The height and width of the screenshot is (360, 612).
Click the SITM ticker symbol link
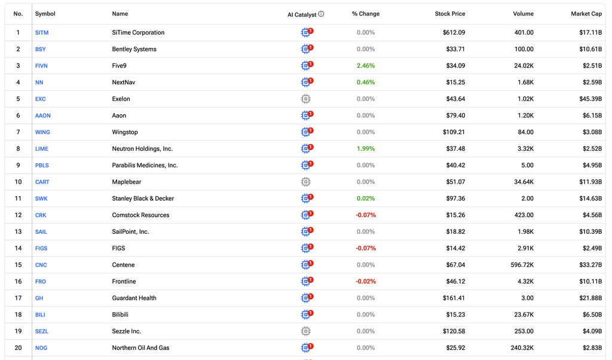click(x=42, y=33)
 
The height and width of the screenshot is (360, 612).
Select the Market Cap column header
click(x=586, y=14)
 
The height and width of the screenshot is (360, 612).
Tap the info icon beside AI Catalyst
click(x=321, y=14)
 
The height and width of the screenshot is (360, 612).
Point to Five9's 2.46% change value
click(x=366, y=66)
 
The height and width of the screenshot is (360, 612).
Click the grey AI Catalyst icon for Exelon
click(x=305, y=99)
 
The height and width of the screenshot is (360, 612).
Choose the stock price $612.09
click(x=454, y=33)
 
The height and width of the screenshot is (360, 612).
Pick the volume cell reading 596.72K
click(x=522, y=265)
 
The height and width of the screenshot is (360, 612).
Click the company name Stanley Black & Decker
click(x=143, y=199)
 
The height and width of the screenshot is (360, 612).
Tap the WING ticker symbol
click(x=42, y=132)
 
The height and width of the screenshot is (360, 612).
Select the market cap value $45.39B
click(x=590, y=99)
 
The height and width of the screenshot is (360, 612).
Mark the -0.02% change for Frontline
click(x=366, y=282)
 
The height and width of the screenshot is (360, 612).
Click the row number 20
click(x=18, y=348)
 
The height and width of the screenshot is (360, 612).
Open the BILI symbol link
click(x=40, y=315)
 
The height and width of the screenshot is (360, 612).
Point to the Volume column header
click(x=523, y=14)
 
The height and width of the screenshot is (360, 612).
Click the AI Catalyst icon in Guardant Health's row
click(x=307, y=298)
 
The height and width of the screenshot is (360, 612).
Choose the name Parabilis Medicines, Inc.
click(x=145, y=166)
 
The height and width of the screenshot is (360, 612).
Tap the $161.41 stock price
click(x=454, y=298)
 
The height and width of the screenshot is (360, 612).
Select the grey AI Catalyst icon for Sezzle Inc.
click(x=305, y=331)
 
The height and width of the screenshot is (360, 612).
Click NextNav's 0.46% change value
click(x=366, y=83)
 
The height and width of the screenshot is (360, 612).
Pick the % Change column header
click(x=366, y=14)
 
